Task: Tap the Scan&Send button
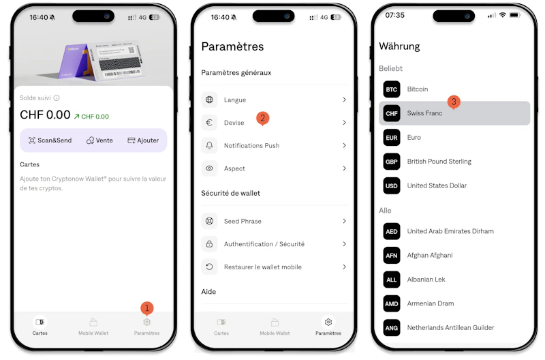(50, 140)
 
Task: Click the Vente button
(99, 140)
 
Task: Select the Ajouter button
(143, 140)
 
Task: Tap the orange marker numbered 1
(147, 308)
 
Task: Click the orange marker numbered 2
(263, 119)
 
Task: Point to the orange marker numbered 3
(454, 102)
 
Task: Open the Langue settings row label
(235, 100)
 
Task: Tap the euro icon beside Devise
(209, 123)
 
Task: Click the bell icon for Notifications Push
(209, 145)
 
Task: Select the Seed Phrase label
(243, 221)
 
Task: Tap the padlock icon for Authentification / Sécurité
(209, 244)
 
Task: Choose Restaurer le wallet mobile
(263, 267)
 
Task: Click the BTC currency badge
(391, 89)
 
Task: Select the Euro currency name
(414, 138)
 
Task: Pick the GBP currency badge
(391, 162)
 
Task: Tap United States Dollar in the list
(437, 185)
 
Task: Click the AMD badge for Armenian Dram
(391, 303)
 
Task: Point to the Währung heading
(399, 46)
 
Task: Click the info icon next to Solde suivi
(57, 98)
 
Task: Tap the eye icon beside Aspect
(209, 168)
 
